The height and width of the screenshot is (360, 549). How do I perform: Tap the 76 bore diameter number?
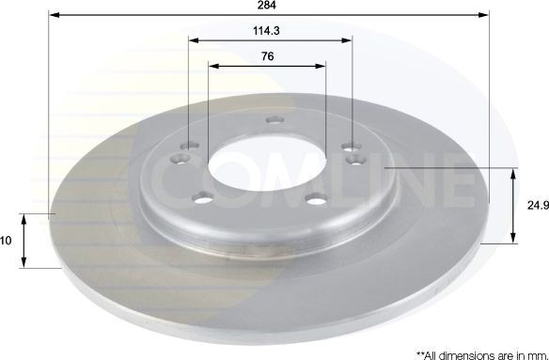pyautogui.click(x=268, y=55)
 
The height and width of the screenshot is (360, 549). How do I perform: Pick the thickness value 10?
pyautogui.click(x=6, y=241)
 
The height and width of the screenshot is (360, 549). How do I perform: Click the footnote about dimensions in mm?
pyautogui.click(x=475, y=349)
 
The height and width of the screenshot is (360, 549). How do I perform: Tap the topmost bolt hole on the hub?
pyautogui.click(x=274, y=120)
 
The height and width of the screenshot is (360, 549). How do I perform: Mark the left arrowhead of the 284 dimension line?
pyautogui.click(x=51, y=15)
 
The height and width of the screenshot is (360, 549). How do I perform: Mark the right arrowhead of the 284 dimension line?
pyautogui.click(x=487, y=15)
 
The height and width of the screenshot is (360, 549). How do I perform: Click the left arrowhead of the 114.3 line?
pyautogui.click(x=192, y=40)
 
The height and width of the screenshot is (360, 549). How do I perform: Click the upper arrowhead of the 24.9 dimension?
pyautogui.click(x=513, y=173)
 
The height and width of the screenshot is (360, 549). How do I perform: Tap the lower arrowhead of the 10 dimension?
pyautogui.click(x=24, y=264)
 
